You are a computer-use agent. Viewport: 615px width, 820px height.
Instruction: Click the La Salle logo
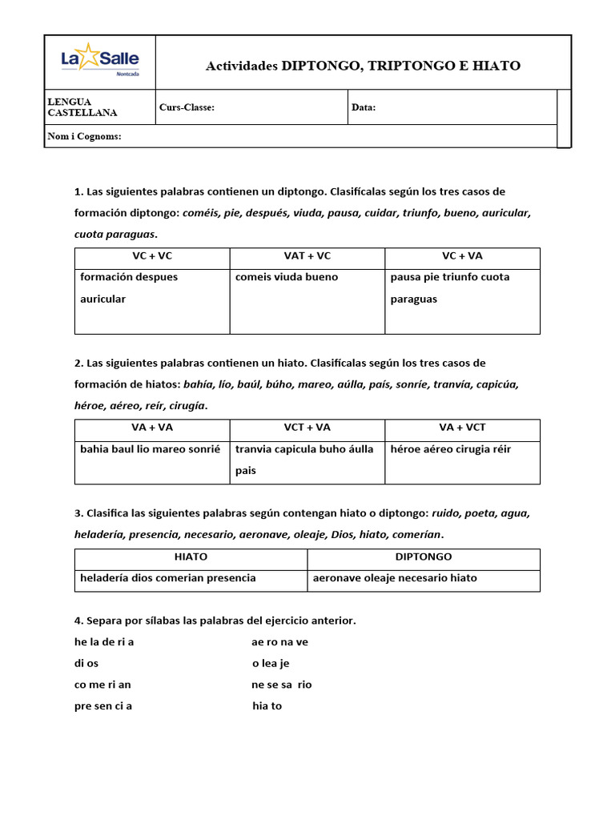100,61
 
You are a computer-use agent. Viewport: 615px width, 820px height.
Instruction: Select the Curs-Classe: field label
187,107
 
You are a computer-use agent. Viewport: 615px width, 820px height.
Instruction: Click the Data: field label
364,107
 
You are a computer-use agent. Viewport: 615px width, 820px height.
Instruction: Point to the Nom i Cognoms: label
84,136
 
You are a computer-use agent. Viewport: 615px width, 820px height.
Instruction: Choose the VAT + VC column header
307,256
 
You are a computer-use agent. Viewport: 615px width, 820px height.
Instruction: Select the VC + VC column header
152,256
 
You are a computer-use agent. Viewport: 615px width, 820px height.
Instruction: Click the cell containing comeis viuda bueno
287,277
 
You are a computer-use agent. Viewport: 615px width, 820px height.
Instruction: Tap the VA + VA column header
152,428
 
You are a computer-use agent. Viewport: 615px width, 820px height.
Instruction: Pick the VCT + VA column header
307,428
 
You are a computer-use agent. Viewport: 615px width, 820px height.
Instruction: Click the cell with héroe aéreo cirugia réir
450,449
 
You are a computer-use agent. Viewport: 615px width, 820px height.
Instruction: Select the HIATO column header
191,557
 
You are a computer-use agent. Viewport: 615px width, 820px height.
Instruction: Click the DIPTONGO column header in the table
424,557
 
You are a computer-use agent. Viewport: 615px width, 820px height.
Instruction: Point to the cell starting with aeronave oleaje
393,578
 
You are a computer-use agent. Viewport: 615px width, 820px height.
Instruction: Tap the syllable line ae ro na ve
279,642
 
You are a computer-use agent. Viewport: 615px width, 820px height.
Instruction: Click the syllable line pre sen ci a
102,706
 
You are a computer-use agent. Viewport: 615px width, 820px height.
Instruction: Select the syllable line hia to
267,706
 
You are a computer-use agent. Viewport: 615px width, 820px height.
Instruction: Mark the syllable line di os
87,664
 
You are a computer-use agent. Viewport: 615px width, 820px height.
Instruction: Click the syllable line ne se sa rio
281,685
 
